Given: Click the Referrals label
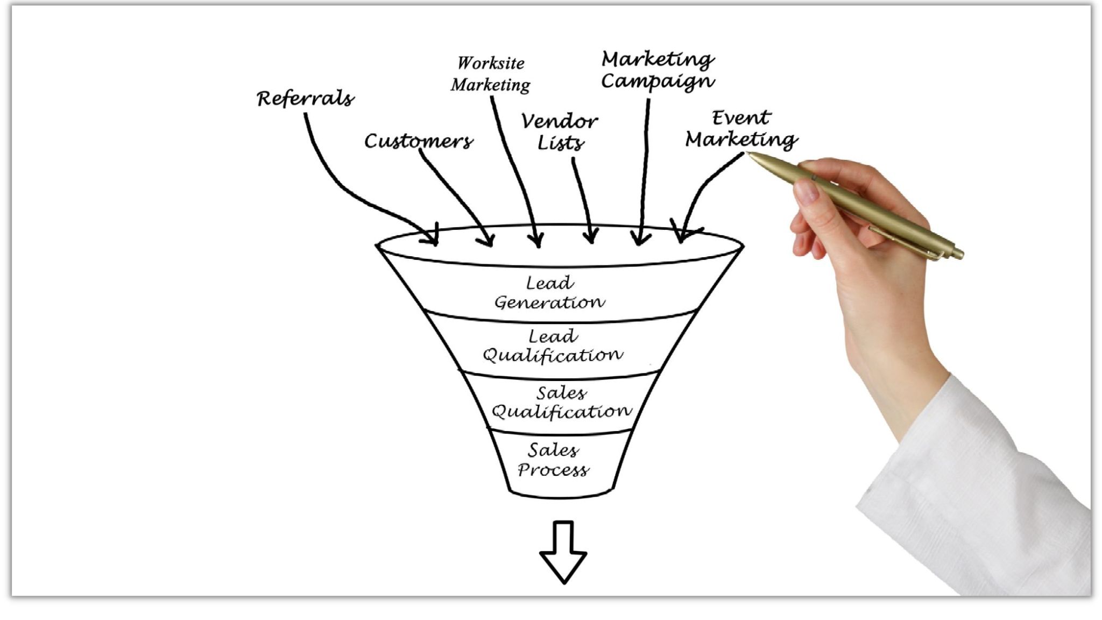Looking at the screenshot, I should (305, 99).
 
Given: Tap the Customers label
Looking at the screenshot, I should (419, 141).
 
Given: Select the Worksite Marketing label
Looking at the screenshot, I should (490, 74).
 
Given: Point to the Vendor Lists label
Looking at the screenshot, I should (559, 132).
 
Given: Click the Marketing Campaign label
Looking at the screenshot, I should (658, 70).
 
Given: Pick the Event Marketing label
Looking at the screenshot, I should (741, 129).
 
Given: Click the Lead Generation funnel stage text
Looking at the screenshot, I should (549, 293).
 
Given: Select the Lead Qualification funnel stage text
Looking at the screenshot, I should (553, 346).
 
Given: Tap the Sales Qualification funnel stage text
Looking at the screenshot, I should (561, 403).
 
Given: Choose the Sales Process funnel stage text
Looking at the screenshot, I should (553, 460).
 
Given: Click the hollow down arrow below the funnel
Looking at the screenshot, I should (563, 552).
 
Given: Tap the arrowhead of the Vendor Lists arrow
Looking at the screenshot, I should (591, 237).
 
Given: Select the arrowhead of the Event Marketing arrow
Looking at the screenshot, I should (682, 235).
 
